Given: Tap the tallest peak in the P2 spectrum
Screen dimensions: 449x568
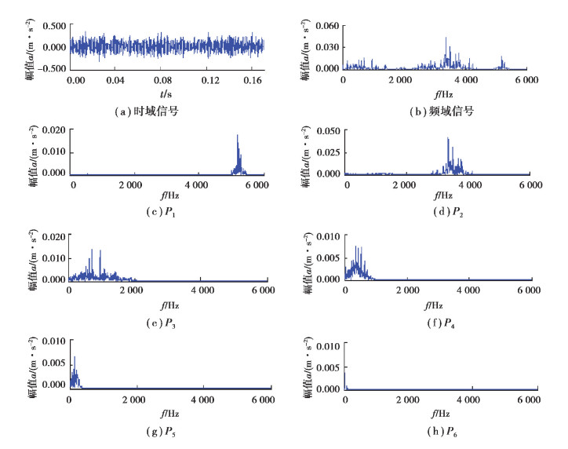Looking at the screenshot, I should (x=447, y=138).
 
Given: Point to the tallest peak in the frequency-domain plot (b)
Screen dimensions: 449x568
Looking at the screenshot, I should (x=446, y=38).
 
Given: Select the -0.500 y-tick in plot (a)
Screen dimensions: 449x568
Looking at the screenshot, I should (x=50, y=68).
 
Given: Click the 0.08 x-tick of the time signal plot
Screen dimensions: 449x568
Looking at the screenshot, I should (x=162, y=80).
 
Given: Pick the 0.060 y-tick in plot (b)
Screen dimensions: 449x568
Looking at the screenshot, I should (x=326, y=26).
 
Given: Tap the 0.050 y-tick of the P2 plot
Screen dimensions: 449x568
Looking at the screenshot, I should (x=326, y=130).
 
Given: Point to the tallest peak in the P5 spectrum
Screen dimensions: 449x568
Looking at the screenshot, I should (x=75, y=357).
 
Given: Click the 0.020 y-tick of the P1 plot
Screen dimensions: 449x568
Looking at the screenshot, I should (x=53, y=130).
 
